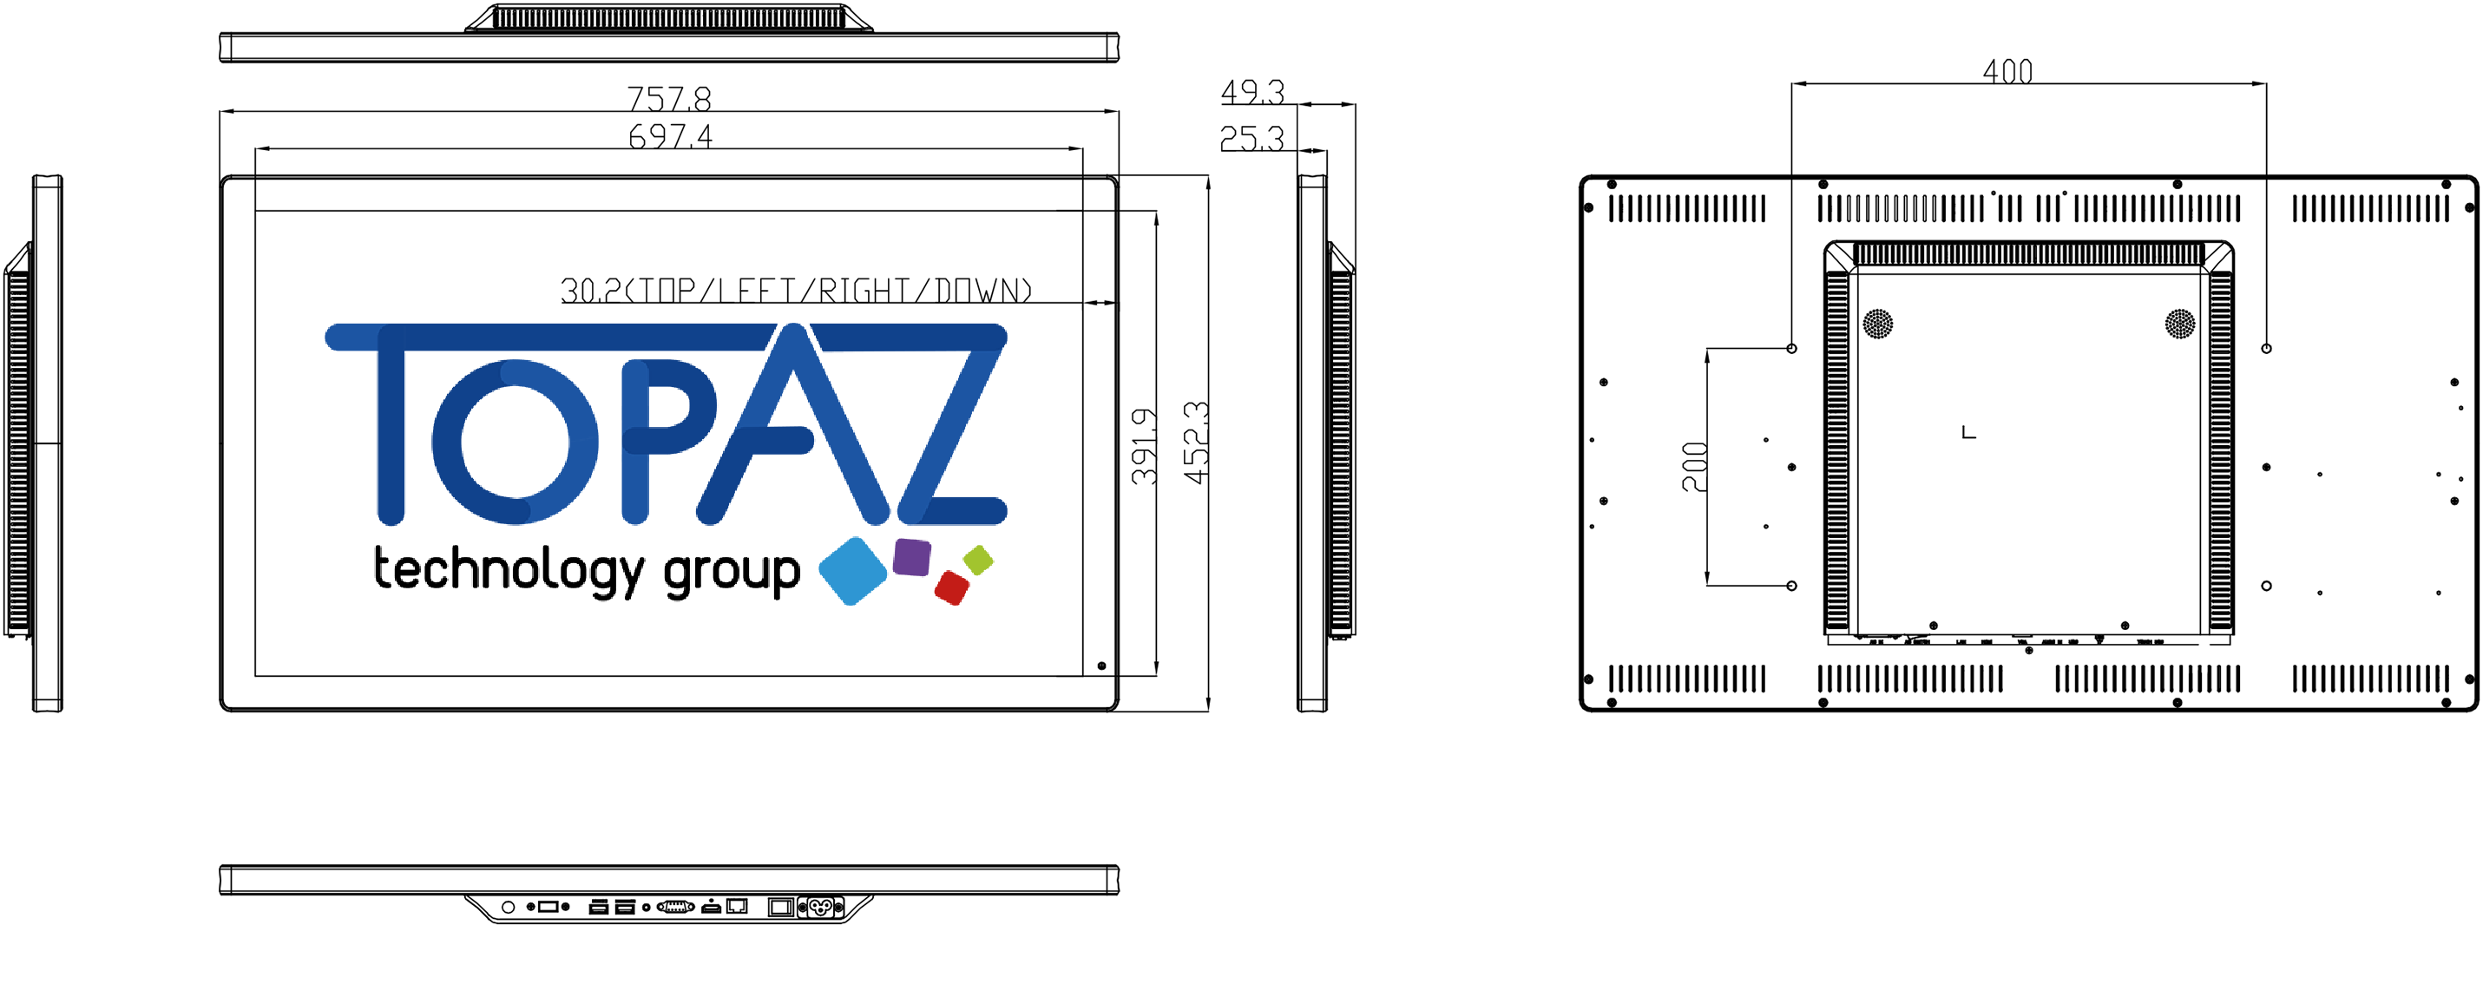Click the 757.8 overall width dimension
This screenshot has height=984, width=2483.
[669, 97]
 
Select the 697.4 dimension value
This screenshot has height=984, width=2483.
[670, 136]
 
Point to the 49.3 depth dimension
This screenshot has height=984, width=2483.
[1252, 92]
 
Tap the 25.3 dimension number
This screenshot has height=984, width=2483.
[1252, 139]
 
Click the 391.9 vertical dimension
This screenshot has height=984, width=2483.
[1144, 445]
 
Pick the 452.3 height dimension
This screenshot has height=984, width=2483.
[1195, 443]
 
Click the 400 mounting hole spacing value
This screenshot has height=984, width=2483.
[2007, 70]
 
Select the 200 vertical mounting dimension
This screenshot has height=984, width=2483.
[1693, 467]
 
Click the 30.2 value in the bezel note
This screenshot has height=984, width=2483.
[591, 290]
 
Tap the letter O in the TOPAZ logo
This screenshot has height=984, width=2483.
[515, 442]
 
